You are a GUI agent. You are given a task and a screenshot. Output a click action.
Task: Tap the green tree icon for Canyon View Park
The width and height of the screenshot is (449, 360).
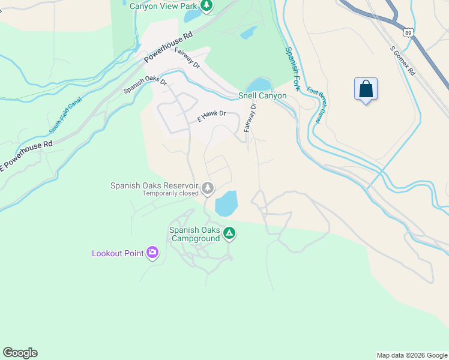(206, 6)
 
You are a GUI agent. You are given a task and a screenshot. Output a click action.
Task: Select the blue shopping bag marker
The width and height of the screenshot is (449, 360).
(366, 90)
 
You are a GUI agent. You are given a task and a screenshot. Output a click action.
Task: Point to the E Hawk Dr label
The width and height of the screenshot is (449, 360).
(211, 116)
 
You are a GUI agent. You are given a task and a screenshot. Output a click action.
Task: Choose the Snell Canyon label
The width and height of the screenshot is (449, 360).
(262, 95)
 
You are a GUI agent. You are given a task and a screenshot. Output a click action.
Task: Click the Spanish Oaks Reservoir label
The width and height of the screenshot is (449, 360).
(154, 185)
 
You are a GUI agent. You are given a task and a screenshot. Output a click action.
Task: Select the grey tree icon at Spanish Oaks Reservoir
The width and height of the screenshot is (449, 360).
(208, 188)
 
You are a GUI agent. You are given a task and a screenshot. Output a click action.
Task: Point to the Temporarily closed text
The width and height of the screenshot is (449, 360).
(170, 194)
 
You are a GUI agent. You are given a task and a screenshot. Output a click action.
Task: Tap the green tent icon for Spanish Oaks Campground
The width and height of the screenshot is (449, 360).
(229, 233)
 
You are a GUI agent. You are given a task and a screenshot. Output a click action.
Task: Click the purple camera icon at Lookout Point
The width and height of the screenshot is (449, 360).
(153, 253)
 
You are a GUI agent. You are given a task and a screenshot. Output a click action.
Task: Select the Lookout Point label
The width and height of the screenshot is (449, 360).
(118, 253)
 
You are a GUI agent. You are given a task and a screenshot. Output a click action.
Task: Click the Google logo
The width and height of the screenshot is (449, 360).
(20, 353)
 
